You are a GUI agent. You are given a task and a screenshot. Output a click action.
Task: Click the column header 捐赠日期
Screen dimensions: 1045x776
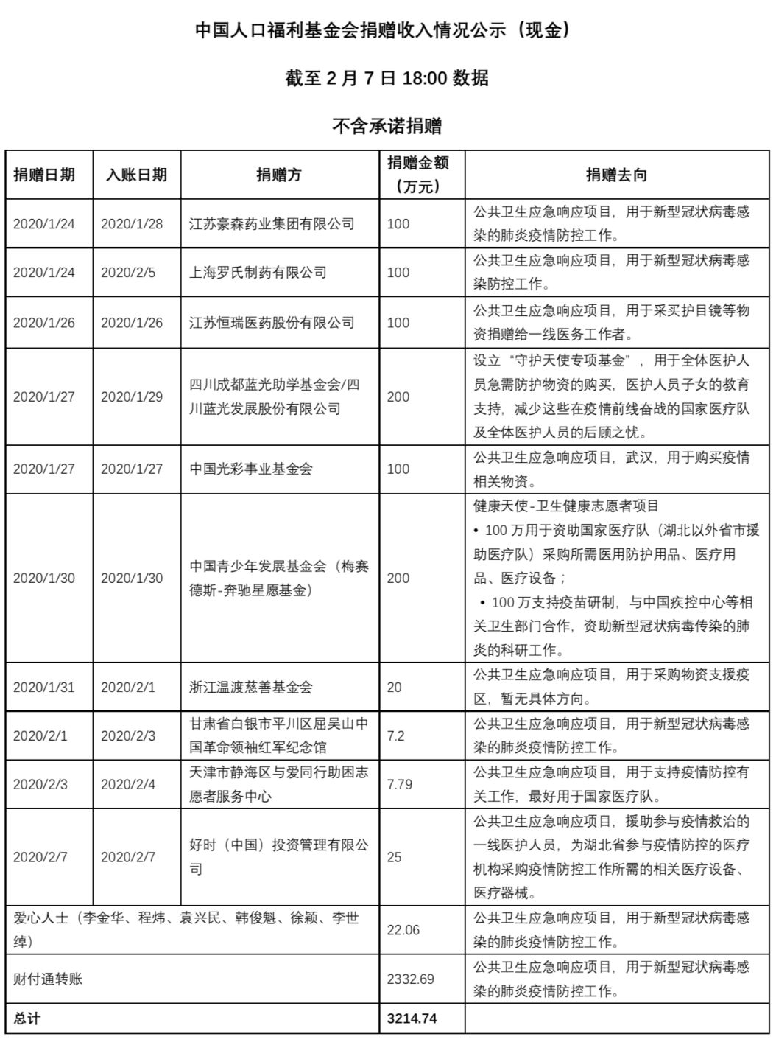(44, 175)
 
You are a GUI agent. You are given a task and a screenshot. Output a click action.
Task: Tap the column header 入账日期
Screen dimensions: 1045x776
(136, 175)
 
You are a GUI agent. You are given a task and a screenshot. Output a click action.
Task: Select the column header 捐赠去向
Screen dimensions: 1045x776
(616, 175)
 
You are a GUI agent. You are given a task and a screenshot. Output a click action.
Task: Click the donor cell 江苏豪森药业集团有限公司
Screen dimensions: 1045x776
(272, 223)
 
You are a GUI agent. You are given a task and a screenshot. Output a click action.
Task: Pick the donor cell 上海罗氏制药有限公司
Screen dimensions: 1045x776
(258, 273)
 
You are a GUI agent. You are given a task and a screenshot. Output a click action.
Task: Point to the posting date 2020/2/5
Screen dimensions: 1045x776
(128, 273)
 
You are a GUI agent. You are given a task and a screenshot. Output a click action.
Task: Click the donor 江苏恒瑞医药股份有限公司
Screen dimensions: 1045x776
(272, 323)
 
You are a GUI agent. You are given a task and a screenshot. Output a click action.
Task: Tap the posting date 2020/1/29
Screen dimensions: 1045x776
(132, 396)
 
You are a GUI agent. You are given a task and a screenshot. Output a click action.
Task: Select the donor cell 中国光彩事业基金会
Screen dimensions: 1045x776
(251, 469)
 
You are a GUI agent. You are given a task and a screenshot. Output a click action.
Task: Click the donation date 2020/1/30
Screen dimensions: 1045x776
(44, 579)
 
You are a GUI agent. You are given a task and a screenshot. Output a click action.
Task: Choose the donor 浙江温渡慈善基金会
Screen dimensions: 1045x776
(251, 687)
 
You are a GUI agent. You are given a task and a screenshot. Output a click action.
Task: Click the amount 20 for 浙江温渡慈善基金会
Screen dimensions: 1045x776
(395, 687)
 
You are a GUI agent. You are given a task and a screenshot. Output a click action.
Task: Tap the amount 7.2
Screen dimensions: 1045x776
(396, 735)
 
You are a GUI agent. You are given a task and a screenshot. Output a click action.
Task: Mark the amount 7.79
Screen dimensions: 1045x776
(400, 784)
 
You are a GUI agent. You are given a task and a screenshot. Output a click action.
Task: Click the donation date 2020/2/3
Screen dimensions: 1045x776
(40, 784)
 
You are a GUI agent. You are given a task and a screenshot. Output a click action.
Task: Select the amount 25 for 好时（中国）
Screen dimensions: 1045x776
(395, 857)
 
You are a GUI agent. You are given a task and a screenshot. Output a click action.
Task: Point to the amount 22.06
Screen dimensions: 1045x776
(403, 930)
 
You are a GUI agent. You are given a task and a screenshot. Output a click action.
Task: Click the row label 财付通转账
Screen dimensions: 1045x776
(49, 979)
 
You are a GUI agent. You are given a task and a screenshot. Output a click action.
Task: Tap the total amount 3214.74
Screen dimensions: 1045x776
(412, 1018)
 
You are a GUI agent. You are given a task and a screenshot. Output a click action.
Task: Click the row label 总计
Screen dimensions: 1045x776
(27, 1018)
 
